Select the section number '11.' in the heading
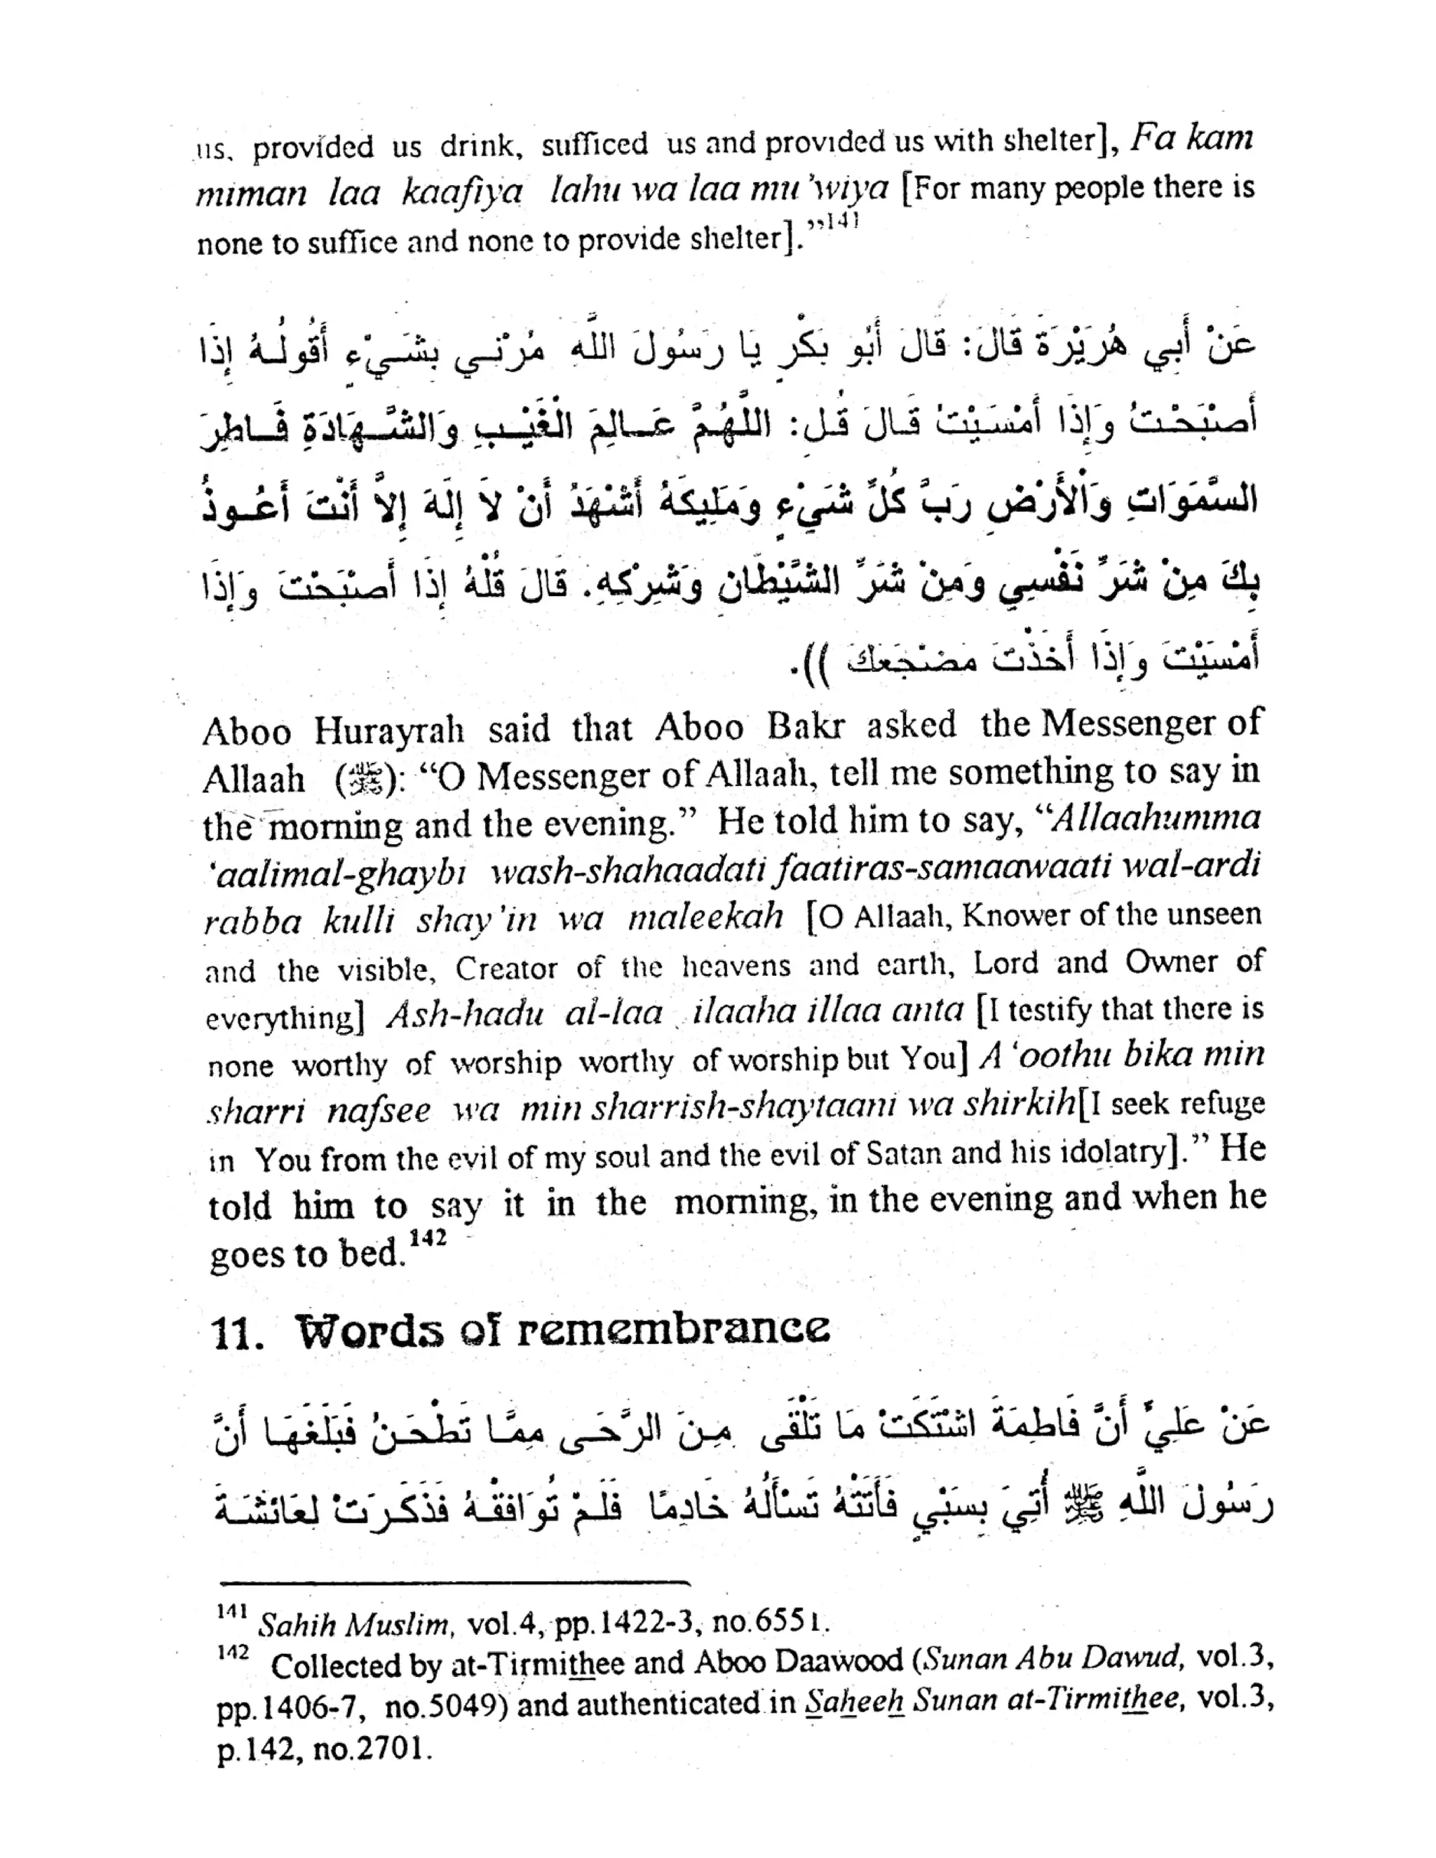pos(235,1334)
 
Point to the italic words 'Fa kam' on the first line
pos(1191,138)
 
